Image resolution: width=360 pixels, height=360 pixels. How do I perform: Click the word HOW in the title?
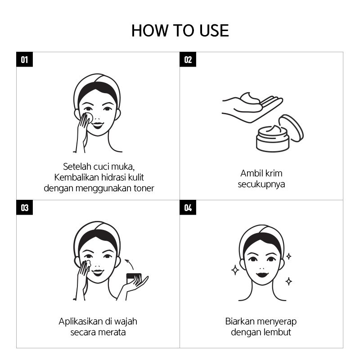pyautogui.click(x=150, y=31)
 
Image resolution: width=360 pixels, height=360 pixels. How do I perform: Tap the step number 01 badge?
pyautogui.click(x=25, y=59)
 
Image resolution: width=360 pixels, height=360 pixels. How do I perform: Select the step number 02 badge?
pyautogui.click(x=188, y=59)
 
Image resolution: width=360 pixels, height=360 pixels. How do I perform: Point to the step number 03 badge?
pyautogui.click(x=25, y=207)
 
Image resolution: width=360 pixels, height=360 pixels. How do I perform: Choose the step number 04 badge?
pyautogui.click(x=188, y=207)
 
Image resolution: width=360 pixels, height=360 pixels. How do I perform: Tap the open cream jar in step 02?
pyautogui.click(x=273, y=139)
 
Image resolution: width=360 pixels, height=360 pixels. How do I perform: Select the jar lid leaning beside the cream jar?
pyautogui.click(x=292, y=128)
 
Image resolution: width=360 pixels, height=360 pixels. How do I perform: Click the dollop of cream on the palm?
pyautogui.click(x=250, y=98)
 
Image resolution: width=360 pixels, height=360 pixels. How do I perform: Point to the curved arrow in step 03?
pyautogui.click(x=130, y=263)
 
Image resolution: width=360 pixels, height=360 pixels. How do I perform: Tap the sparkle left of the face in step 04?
pyautogui.click(x=235, y=270)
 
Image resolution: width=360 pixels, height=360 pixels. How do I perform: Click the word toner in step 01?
pyautogui.click(x=144, y=188)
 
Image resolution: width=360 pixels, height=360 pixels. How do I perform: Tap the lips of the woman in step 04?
pyautogui.click(x=262, y=274)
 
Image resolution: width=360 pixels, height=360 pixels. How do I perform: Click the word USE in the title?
pyautogui.click(x=214, y=31)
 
